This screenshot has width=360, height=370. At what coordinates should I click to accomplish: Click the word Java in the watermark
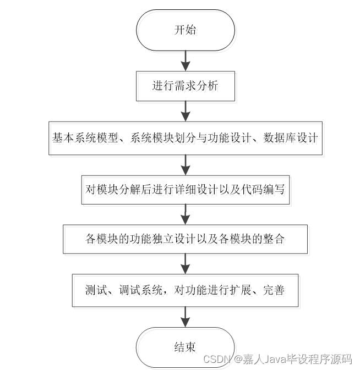275,360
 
